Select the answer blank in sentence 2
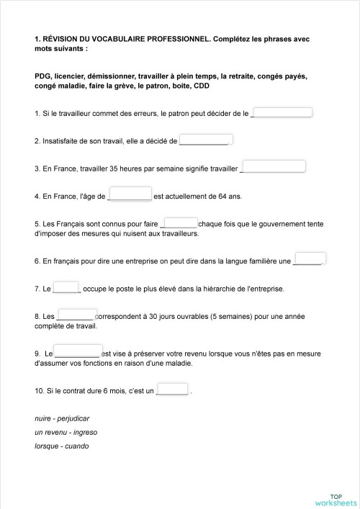(x=204, y=140)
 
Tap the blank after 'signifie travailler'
(x=274, y=167)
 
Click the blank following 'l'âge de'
(x=130, y=194)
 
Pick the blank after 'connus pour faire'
(x=181, y=222)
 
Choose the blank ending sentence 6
(x=310, y=258)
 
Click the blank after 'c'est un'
(x=173, y=389)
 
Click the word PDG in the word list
(x=42, y=76)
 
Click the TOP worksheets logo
(x=336, y=499)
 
